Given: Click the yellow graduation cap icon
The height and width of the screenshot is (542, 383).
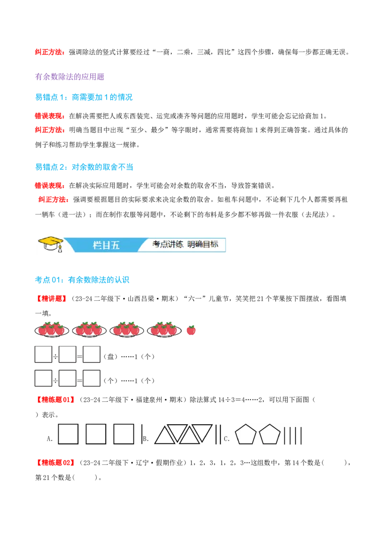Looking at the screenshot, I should (x=50, y=242).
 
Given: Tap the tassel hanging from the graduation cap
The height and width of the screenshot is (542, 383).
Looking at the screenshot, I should (x=59, y=248).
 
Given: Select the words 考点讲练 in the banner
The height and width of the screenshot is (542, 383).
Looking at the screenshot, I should (x=168, y=244).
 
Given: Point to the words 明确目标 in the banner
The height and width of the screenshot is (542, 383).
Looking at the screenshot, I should (x=203, y=244).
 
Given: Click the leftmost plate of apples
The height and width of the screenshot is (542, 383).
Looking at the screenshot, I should (x=51, y=329).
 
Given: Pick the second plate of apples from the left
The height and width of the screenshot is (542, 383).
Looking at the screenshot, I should (x=89, y=329).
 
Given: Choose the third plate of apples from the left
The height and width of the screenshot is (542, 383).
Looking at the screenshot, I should (x=126, y=329).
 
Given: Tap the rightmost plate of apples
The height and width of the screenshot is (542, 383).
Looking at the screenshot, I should (x=164, y=329).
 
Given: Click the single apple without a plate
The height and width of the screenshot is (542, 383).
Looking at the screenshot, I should (x=191, y=329).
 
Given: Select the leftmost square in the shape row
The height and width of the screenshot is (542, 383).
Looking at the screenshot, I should (x=68, y=434).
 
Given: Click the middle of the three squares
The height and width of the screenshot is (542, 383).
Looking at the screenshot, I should (x=96, y=434).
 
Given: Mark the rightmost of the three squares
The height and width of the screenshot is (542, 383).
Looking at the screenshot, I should (x=124, y=434).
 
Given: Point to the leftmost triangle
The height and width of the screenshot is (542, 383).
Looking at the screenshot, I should (x=165, y=435).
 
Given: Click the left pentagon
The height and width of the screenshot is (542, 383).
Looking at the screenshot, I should (x=246, y=435).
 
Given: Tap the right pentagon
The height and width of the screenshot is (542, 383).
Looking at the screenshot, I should (x=269, y=435).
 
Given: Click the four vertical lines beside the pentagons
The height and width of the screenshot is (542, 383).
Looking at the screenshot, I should (x=293, y=435).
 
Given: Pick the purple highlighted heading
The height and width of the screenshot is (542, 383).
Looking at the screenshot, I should (x=70, y=77).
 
